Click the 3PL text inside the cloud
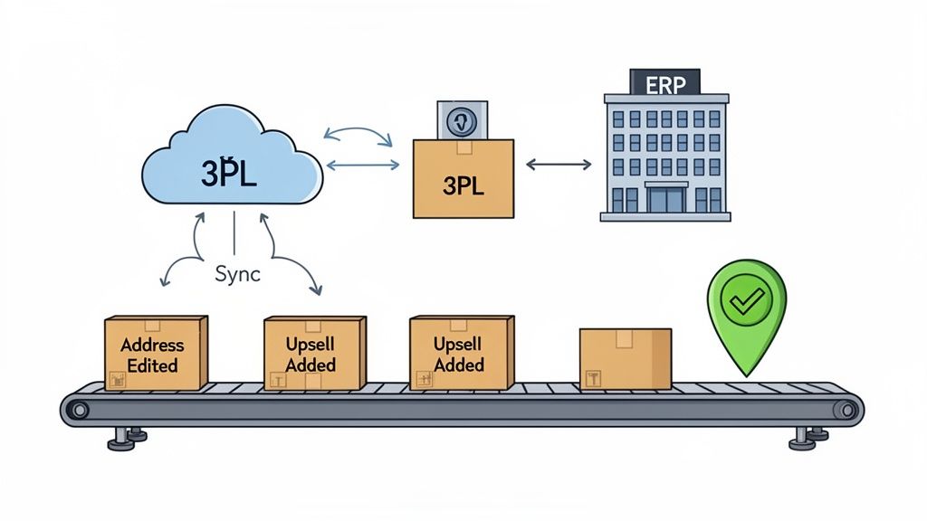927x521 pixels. (229, 173)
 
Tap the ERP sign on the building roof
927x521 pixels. (665, 84)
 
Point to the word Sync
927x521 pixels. (237, 274)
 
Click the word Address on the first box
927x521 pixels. (152, 345)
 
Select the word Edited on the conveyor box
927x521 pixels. (152, 365)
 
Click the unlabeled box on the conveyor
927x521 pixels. (625, 358)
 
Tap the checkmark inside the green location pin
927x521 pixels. (746, 302)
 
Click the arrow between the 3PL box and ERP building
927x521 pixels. (558, 165)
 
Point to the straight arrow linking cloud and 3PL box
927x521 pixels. (362, 165)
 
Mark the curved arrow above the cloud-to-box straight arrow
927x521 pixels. (357, 133)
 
